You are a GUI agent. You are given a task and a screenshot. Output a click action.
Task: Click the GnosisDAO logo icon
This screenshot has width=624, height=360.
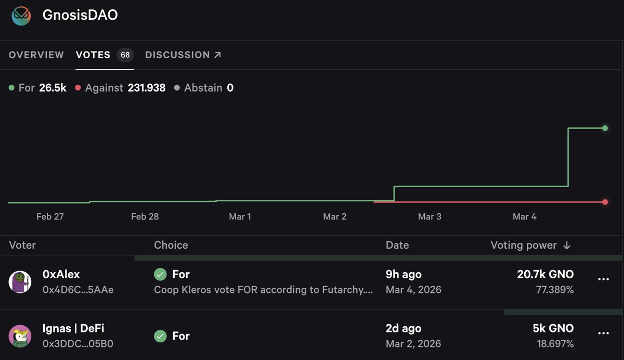tap(22, 15)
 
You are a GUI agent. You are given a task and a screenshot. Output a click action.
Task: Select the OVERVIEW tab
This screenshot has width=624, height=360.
tap(36, 55)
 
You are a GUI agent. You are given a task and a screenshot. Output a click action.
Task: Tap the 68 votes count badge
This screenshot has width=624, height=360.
tap(125, 55)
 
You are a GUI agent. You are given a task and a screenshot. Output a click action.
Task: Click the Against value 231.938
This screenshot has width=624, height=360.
tap(147, 88)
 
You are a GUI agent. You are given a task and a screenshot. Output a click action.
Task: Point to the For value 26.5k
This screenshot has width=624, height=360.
tap(53, 88)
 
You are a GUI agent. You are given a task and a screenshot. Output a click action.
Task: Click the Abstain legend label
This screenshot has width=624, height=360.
tap(203, 88)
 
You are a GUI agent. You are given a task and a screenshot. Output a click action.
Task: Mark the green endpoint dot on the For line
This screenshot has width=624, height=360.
tap(605, 128)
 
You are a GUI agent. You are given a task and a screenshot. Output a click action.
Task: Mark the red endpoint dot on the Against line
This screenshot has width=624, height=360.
tap(605, 202)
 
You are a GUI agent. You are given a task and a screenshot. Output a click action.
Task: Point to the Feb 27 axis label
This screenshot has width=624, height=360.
tap(50, 216)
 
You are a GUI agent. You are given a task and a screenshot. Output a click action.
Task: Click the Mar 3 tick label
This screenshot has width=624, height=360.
tap(430, 216)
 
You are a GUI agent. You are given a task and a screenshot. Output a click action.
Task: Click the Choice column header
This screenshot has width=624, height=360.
tap(171, 245)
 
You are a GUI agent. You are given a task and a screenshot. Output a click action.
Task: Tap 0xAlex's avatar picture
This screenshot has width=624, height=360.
tap(20, 281)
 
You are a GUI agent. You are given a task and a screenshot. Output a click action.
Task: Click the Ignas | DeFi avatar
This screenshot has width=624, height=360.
tap(20, 336)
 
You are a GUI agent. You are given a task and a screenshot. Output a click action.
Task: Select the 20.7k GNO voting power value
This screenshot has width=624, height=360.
tap(545, 274)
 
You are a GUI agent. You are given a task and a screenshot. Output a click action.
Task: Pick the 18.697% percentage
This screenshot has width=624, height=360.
tap(555, 344)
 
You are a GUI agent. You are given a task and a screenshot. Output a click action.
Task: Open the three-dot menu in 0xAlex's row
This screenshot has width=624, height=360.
tap(603, 279)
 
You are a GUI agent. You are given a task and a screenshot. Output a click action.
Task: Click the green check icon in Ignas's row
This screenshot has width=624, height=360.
tap(160, 336)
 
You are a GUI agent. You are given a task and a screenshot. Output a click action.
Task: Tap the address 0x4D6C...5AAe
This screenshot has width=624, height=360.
tap(78, 290)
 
